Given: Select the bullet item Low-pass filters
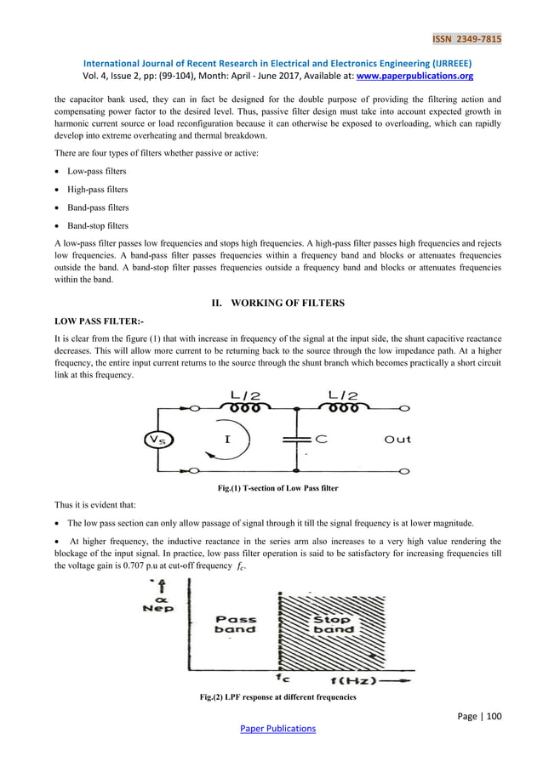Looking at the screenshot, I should pos(98,171).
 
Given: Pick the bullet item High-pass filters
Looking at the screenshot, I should pos(99,189).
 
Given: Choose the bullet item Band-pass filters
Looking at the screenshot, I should pos(100,207).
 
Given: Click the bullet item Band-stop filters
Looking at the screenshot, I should pos(100,225).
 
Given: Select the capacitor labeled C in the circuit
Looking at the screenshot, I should pos(296,440).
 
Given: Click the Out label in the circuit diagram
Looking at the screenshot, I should pos(397,440).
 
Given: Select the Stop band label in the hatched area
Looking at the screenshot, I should pos(330,625).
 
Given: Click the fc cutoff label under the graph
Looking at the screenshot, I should pos(283,679).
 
